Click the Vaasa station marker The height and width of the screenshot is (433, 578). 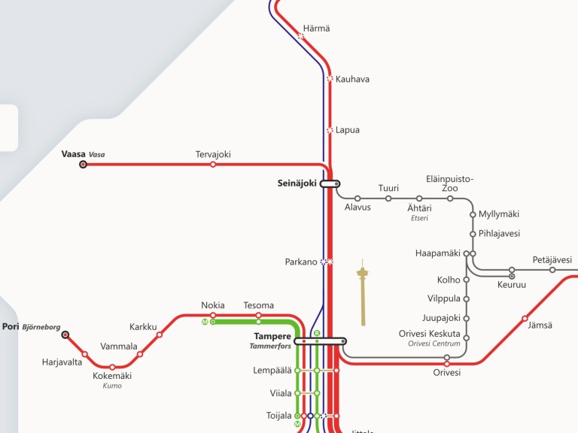(x=83, y=164)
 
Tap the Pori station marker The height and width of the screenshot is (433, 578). (x=65, y=335)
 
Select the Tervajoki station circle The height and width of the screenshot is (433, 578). (x=213, y=164)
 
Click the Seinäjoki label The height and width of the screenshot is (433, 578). (x=297, y=183)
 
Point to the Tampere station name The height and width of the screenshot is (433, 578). (x=273, y=336)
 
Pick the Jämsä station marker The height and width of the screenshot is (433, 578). (x=525, y=318)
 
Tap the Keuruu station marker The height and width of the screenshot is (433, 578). (x=512, y=276)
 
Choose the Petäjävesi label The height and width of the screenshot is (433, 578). (x=552, y=260)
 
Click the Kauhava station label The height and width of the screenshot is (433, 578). (x=352, y=79)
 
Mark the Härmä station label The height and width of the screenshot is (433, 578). (x=316, y=29)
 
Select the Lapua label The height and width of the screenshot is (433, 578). (x=348, y=130)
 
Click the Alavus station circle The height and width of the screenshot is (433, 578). (x=357, y=198)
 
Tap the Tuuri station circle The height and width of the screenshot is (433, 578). (x=388, y=198)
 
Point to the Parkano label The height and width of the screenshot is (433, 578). (x=301, y=262)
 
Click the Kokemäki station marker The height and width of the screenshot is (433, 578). (x=112, y=367)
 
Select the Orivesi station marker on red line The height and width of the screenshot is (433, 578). (x=447, y=364)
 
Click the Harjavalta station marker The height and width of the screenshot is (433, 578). (x=84, y=354)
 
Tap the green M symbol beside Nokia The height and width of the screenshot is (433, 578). (x=205, y=322)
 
